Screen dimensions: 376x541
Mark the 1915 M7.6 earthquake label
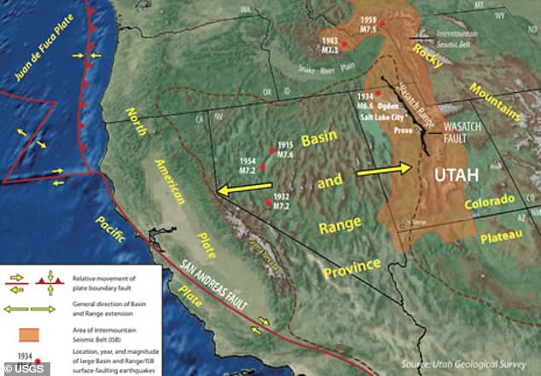285,149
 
